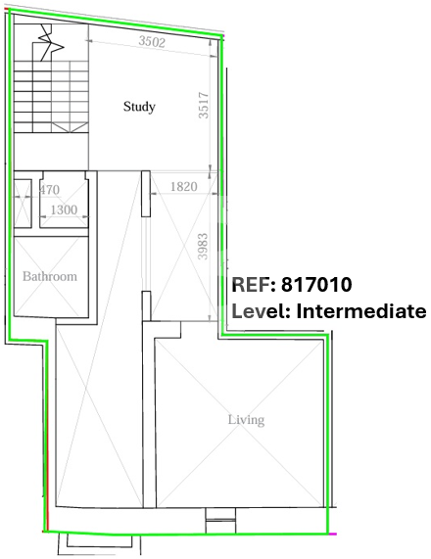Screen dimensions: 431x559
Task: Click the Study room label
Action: coord(139,107)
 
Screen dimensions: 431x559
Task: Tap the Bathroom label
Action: coord(50,276)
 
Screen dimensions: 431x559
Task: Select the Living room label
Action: coord(246,420)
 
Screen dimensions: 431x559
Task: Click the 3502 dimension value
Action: coord(152,41)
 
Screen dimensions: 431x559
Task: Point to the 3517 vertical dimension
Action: coord(204,105)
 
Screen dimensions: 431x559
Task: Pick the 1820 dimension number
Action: coord(184,186)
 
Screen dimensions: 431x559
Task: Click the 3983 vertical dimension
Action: coord(203,247)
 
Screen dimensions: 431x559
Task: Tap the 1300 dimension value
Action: coord(64,210)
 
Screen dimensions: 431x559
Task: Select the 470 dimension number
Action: coord(49,190)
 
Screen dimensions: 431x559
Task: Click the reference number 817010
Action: coord(316,285)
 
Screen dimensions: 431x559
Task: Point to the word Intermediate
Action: coord(361,311)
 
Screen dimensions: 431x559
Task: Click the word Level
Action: coord(261,311)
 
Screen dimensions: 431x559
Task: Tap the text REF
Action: coord(254,285)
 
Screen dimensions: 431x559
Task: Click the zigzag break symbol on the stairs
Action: coord(51,42)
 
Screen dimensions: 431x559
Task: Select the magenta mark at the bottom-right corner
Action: coord(332,535)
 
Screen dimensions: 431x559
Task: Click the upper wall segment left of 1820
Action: coord(146,194)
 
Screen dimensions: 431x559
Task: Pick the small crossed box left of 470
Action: coord(23,204)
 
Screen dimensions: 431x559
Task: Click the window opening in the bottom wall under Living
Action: coord(220,521)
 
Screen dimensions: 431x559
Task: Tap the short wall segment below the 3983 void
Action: coord(146,305)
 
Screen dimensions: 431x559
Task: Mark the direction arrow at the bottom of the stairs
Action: coord(71,127)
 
